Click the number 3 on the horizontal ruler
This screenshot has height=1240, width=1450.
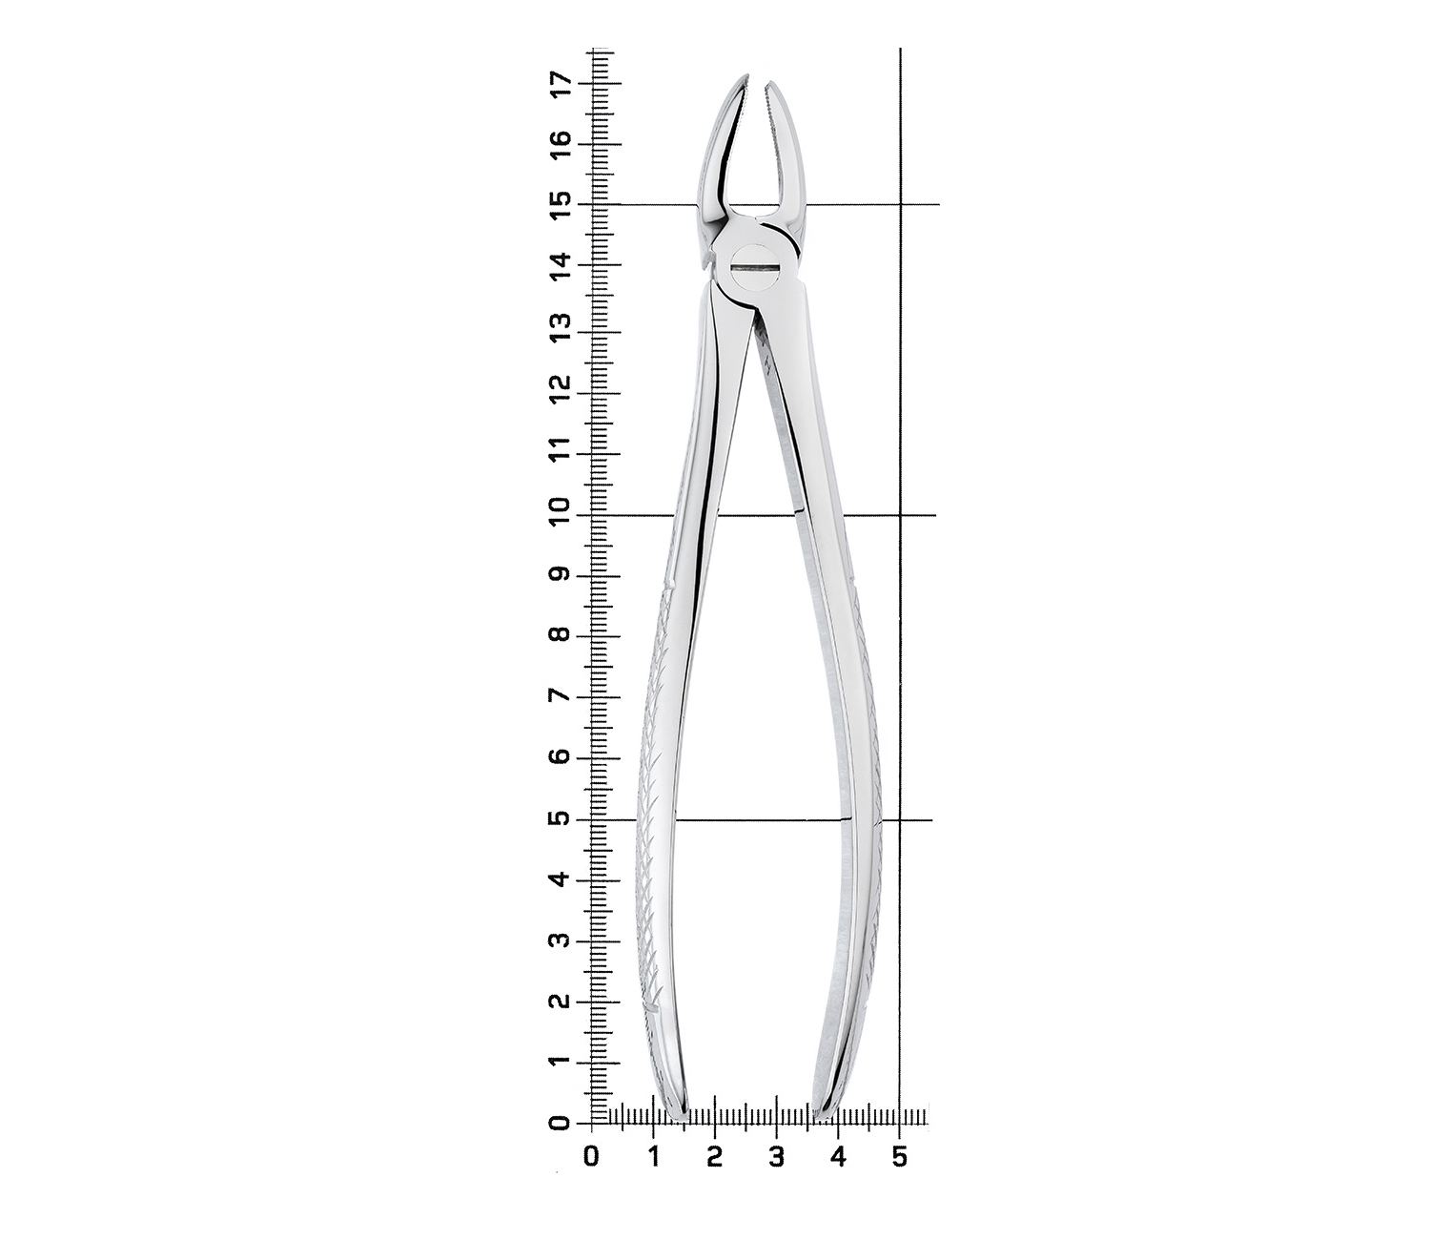(x=777, y=1157)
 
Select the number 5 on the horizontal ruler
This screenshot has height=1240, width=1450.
(x=900, y=1157)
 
